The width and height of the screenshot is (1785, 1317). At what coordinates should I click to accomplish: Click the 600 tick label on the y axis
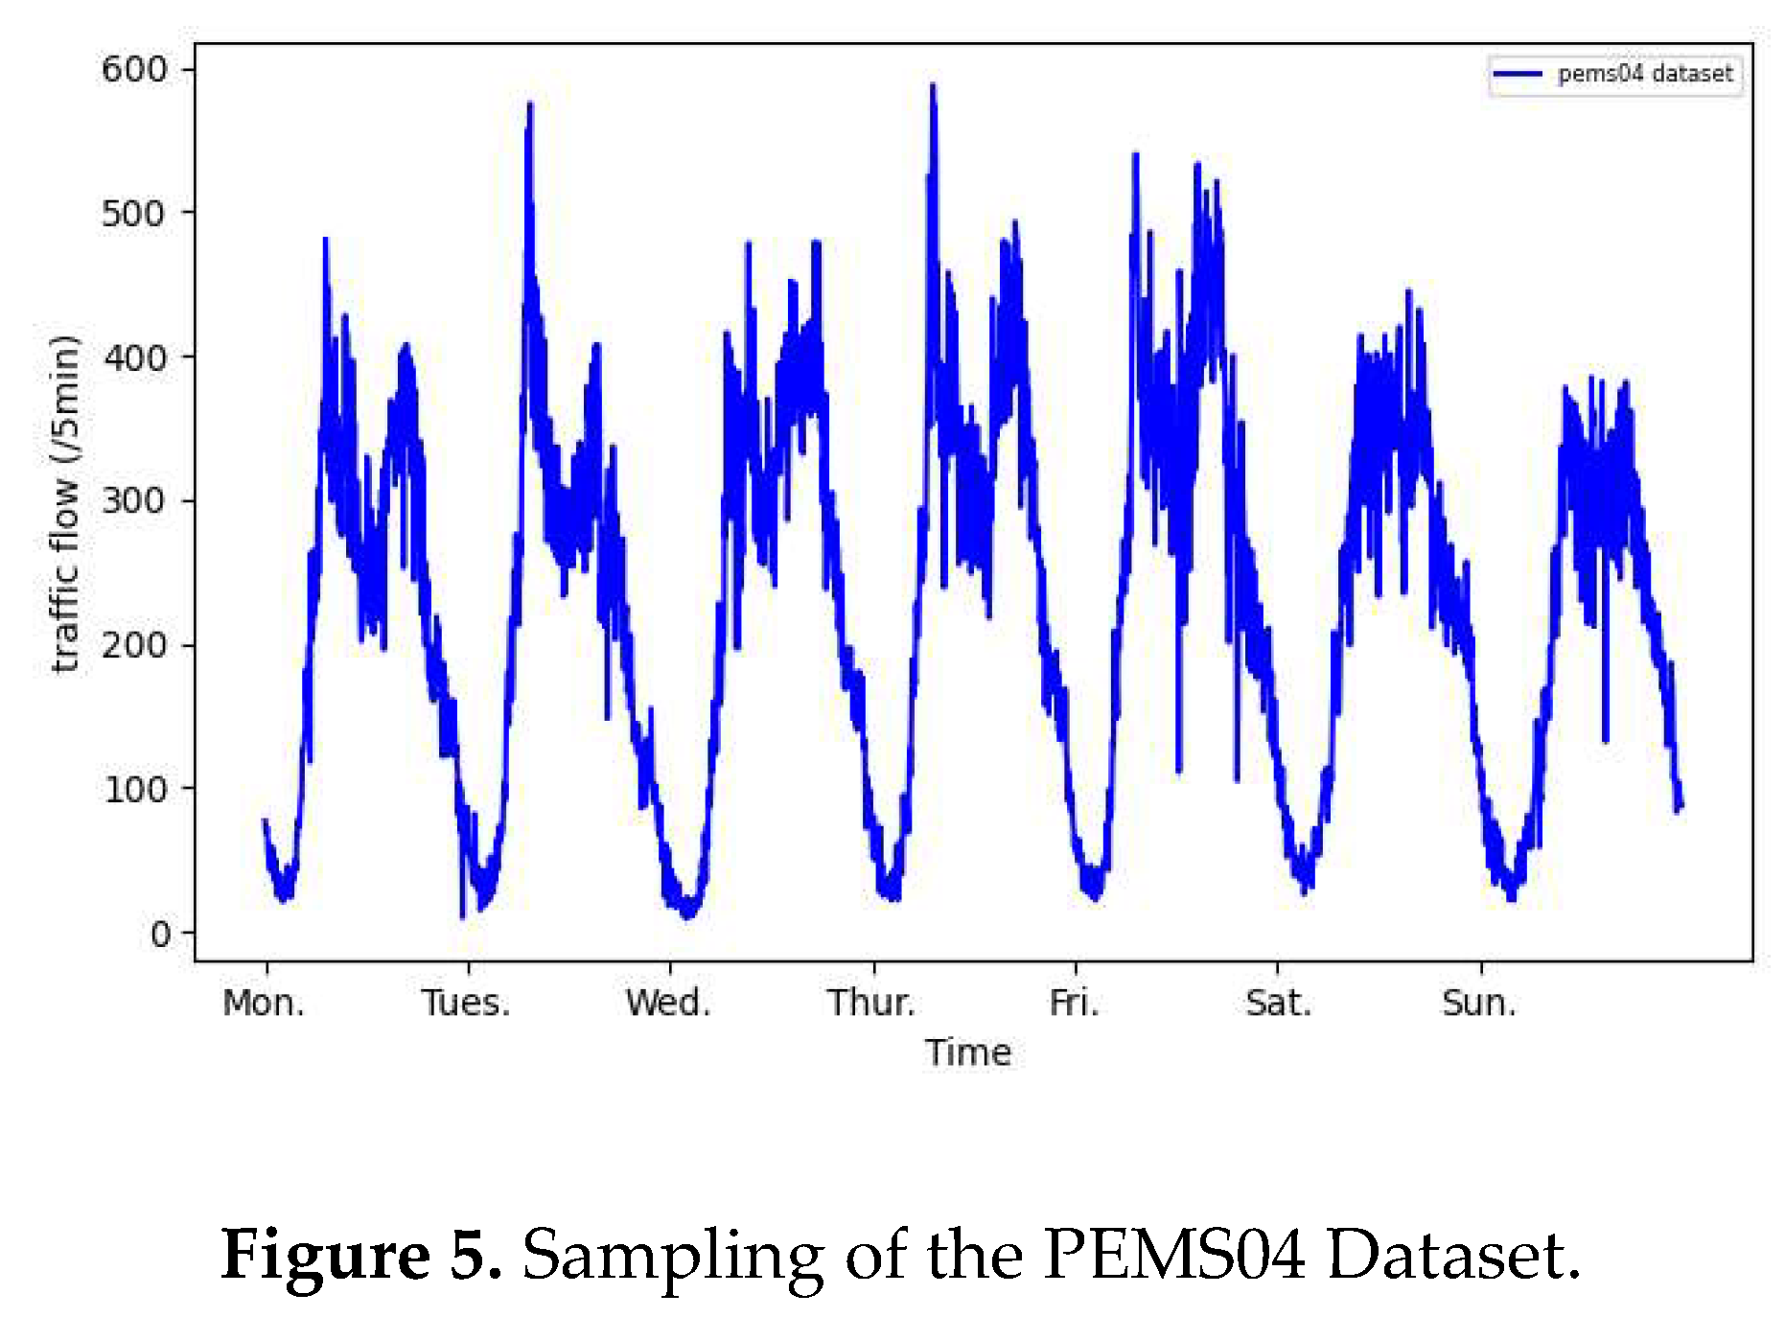point(133,69)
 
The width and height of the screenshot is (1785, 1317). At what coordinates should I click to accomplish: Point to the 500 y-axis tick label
point(133,213)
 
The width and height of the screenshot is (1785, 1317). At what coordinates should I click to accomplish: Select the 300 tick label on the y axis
point(133,500)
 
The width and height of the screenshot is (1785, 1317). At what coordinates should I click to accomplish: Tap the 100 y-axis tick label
point(133,789)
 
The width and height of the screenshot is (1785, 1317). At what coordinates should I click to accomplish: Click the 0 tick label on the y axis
point(160,933)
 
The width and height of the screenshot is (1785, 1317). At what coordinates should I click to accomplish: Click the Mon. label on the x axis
point(264,1003)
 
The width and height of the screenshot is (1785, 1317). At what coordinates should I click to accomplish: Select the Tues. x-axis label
point(466,1003)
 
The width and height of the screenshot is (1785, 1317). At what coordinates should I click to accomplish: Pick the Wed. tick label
point(668,1003)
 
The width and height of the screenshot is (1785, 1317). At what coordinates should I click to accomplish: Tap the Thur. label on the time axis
point(871,1003)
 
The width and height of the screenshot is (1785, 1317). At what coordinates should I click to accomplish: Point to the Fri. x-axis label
point(1074,1003)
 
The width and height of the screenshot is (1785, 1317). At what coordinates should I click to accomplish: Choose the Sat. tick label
point(1278,1003)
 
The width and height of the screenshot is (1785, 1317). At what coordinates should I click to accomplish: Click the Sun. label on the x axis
point(1479,1003)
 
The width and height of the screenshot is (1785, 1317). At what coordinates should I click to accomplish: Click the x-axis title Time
point(968,1052)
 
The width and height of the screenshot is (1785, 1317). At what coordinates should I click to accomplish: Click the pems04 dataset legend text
point(1645,74)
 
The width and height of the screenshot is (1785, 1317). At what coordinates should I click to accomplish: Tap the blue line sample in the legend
point(1518,74)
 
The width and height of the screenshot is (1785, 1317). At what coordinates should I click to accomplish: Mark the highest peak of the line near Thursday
point(932,86)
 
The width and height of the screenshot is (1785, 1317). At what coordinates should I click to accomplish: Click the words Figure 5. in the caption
point(361,1254)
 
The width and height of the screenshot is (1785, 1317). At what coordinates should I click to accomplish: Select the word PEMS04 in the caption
point(1174,1254)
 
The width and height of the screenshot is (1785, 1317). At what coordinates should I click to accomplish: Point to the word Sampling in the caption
point(672,1256)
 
